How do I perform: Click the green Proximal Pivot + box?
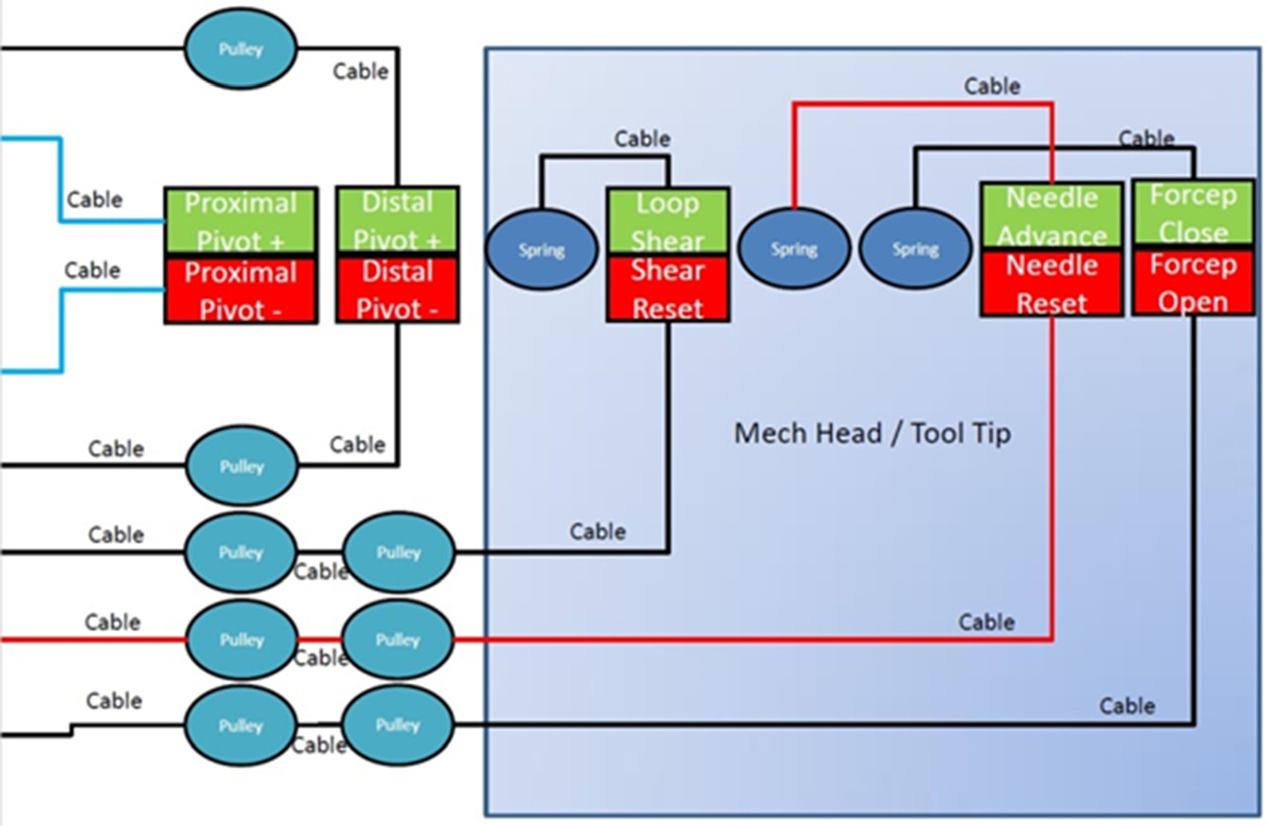240,221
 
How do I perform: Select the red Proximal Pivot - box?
240,290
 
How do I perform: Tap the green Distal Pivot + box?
398,221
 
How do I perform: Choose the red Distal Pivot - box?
398,289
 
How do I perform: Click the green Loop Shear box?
668,221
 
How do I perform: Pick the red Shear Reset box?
668,288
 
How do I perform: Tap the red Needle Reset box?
1052,283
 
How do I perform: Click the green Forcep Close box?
1193,212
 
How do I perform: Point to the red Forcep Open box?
1193,281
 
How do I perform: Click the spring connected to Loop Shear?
541,249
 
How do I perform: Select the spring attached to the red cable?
794,249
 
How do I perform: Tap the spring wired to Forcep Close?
915,249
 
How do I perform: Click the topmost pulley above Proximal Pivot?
240,49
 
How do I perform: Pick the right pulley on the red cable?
398,640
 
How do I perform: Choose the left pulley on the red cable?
241,640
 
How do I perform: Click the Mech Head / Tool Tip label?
872,434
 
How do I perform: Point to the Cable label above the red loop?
991,87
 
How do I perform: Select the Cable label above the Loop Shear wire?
642,139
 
